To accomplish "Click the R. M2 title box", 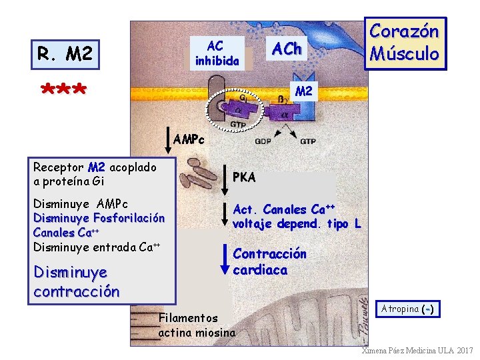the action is [x=65, y=53].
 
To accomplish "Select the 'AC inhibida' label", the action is [x=216, y=53].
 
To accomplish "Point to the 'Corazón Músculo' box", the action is [x=404, y=43].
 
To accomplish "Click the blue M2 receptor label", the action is [x=303, y=91].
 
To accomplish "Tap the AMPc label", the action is [x=189, y=140].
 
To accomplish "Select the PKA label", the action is [x=244, y=177].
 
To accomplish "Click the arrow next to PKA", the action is [x=224, y=175].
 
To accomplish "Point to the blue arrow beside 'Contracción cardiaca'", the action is [x=225, y=261].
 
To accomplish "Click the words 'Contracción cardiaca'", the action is [x=269, y=262].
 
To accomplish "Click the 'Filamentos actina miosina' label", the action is [x=196, y=325].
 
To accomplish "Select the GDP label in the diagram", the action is [x=263, y=141].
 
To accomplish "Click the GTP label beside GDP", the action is [x=307, y=141].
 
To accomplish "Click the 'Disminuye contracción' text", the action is [x=76, y=282].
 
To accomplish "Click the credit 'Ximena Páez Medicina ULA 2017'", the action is [x=417, y=351].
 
